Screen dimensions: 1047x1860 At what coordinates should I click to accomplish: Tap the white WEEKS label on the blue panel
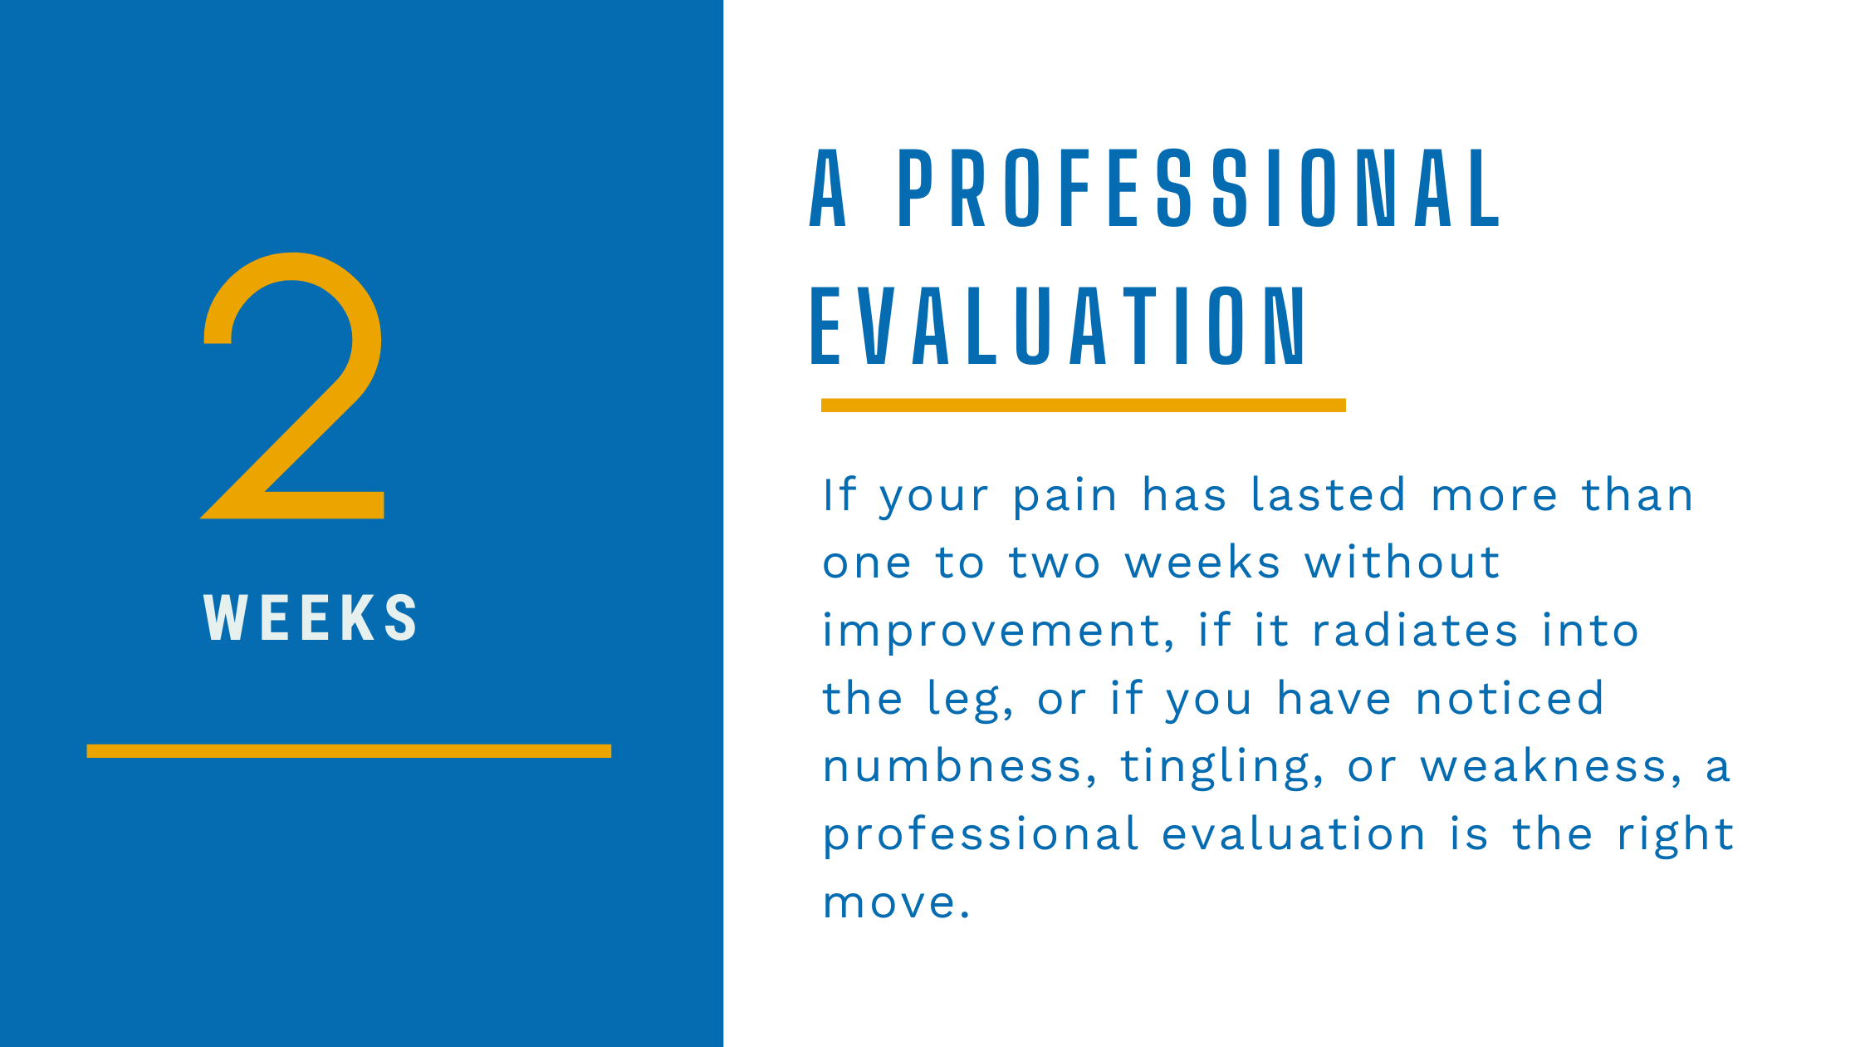(311, 617)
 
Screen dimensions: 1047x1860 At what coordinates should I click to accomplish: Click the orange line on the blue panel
(349, 750)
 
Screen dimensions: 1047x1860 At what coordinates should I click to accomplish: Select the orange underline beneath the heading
(1083, 405)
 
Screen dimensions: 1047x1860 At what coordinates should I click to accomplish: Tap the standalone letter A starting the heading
(828, 189)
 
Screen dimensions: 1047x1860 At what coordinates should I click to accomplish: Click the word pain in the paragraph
(1065, 497)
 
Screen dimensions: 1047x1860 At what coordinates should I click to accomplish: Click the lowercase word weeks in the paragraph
(1202, 563)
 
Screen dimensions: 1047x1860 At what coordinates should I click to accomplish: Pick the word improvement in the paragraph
(996, 632)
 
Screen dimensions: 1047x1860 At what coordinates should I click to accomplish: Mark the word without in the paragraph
(1402, 563)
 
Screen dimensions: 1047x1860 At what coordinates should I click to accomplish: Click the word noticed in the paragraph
(1510, 699)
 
